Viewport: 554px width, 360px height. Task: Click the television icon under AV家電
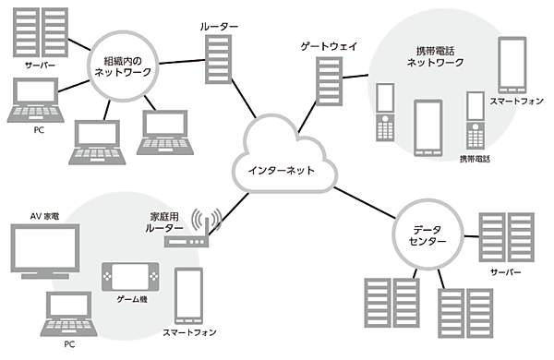pos(43,250)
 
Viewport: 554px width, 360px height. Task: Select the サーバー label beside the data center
pos(506,274)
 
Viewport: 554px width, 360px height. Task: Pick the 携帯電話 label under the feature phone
pos(476,159)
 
